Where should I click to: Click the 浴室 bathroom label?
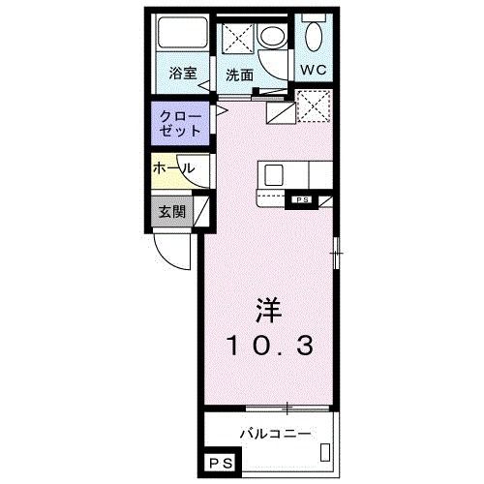(x=181, y=73)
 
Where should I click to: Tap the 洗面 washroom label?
(x=239, y=73)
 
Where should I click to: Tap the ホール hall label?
(x=173, y=168)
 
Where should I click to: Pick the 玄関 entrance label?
(x=171, y=211)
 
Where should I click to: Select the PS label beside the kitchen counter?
(x=302, y=200)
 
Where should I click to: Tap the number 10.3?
(x=269, y=347)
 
